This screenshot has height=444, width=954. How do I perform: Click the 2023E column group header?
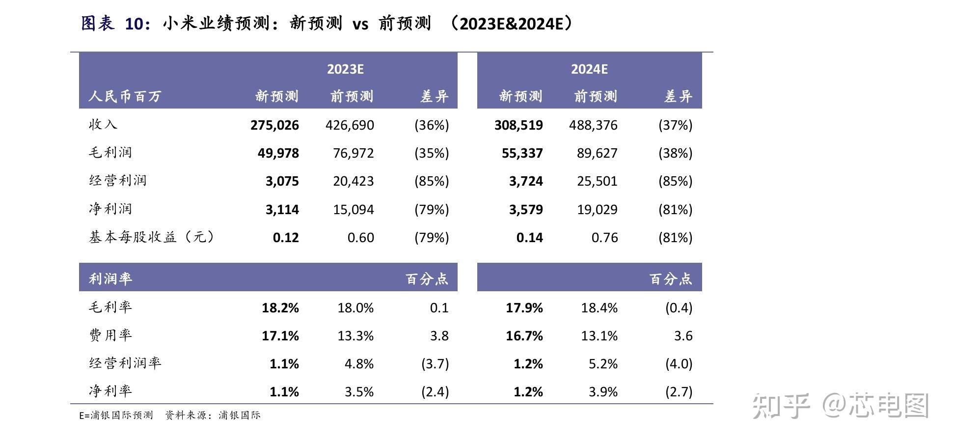click(345, 69)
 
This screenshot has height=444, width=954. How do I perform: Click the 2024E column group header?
click(589, 69)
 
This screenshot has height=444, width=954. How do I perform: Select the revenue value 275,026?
click(274, 125)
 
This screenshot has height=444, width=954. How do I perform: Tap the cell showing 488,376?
click(593, 125)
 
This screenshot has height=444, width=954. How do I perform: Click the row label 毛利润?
click(110, 153)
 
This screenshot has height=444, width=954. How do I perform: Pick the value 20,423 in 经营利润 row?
click(353, 181)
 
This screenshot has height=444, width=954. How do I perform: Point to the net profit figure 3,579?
click(526, 210)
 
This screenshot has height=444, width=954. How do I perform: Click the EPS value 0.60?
click(360, 238)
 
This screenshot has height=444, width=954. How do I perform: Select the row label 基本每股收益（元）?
click(151, 237)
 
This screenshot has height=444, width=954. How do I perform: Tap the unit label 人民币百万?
click(125, 96)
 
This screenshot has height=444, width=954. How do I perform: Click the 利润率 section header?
click(110, 279)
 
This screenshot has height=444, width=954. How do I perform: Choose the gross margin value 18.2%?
click(280, 308)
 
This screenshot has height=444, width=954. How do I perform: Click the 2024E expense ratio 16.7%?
click(524, 336)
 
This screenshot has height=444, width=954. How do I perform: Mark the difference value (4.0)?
click(679, 364)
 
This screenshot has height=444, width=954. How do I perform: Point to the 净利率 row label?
click(110, 391)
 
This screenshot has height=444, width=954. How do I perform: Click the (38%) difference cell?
click(675, 153)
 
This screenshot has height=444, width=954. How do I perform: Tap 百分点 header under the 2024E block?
click(671, 279)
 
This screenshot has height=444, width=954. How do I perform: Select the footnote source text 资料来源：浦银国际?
click(213, 416)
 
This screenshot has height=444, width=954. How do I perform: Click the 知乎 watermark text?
click(781, 406)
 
